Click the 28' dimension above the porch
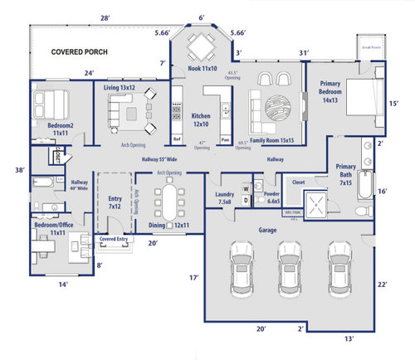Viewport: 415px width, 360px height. pos(105,17)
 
